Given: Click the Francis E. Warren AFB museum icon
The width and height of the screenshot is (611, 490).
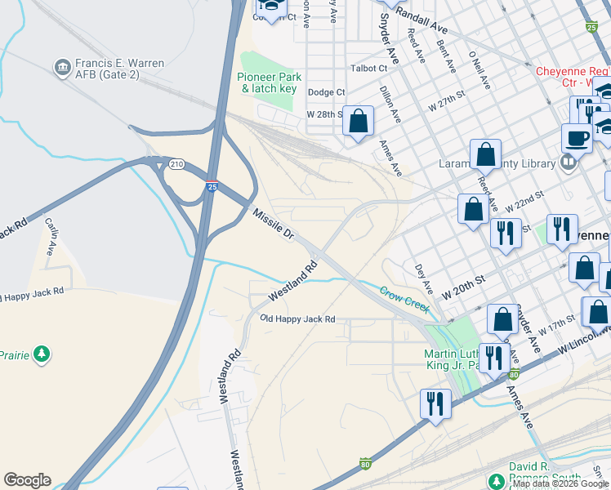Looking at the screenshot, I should pos(61,67).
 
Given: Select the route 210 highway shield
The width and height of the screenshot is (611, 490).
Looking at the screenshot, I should pos(176,164).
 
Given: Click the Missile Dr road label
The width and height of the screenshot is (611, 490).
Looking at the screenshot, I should pos(274,224).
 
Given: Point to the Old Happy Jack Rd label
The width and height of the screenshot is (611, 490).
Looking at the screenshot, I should pos(297,318).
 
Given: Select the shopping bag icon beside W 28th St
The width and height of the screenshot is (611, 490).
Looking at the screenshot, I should pos(358,122).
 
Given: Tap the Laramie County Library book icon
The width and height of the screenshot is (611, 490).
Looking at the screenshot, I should pos(569,163).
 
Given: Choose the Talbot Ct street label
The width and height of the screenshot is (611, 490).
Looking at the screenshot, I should pos(368,69).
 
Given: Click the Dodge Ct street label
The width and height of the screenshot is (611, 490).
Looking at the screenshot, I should pos(326,92).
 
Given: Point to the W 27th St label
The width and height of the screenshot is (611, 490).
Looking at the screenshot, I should pos(446,101).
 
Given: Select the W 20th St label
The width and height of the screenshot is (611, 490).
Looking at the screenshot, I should pos(463,285).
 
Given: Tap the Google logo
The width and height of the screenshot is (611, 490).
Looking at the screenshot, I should pos(27,480).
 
